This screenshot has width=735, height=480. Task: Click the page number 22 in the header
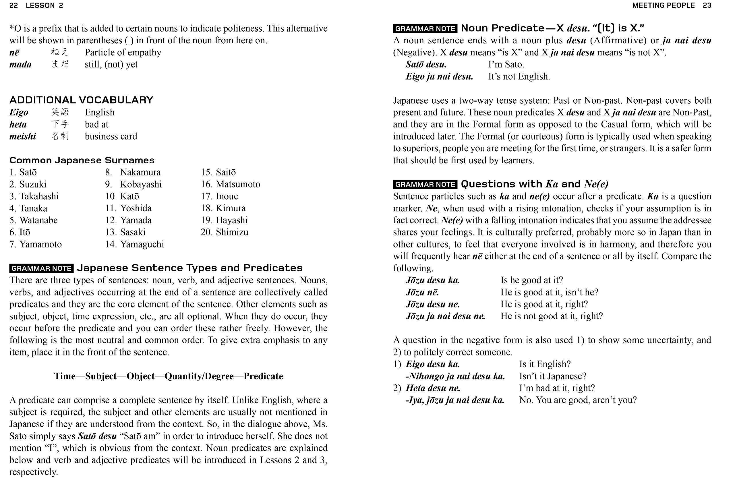(x=13, y=5)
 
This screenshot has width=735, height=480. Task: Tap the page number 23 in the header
(x=707, y=5)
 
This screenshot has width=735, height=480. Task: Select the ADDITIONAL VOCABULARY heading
(x=81, y=100)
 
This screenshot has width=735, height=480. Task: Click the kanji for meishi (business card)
(x=60, y=136)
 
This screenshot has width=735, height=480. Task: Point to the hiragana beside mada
(x=60, y=64)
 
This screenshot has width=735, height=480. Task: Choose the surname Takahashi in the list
(x=39, y=196)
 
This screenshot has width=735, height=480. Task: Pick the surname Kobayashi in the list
(x=141, y=184)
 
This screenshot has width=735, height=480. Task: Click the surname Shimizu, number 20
(x=232, y=232)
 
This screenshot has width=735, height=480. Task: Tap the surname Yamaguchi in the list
(x=142, y=244)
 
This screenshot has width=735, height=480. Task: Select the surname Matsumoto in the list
(x=238, y=184)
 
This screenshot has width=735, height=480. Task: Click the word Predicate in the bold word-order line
(x=263, y=376)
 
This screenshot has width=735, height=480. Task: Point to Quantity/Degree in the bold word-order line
(x=199, y=376)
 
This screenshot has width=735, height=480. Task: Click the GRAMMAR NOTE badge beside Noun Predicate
(x=425, y=29)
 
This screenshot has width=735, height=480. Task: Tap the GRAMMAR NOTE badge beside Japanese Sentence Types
(x=41, y=268)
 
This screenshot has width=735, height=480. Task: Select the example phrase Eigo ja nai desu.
(x=439, y=77)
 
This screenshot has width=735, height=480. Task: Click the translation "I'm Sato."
(x=506, y=65)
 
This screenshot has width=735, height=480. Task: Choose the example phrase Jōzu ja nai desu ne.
(x=445, y=316)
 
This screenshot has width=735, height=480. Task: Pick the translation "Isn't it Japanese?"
(x=552, y=376)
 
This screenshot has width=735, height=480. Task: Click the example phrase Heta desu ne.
(x=433, y=388)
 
